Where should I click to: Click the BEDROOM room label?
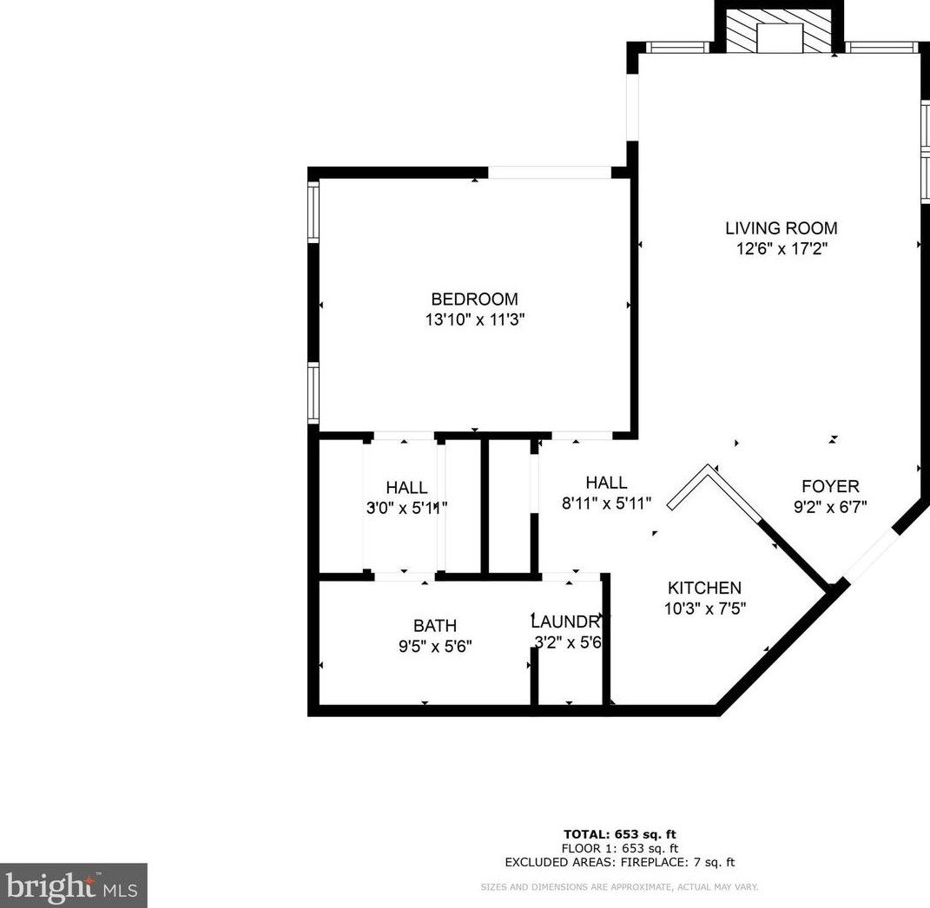tap(474, 299)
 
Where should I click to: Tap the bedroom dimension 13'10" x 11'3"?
tap(474, 320)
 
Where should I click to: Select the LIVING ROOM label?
tap(781, 228)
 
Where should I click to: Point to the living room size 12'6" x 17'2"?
tap(781, 249)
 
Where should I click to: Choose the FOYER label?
tap(829, 486)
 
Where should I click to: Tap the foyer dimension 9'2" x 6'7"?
tap(829, 506)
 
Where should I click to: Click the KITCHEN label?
tap(703, 588)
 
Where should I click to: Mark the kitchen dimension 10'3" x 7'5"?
tap(703, 609)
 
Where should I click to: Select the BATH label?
tap(434, 625)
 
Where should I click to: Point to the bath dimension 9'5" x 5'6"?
tap(434, 646)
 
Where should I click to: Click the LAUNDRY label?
tap(566, 622)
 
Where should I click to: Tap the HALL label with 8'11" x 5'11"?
tap(605, 483)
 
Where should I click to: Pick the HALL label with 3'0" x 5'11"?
tap(406, 488)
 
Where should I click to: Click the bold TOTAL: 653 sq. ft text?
tap(619, 834)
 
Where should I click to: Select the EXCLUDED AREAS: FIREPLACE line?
tap(619, 862)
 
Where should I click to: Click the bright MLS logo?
tap(73, 886)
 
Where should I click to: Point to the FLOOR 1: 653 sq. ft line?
tap(619, 848)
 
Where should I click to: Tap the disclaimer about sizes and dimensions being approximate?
tap(619, 887)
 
